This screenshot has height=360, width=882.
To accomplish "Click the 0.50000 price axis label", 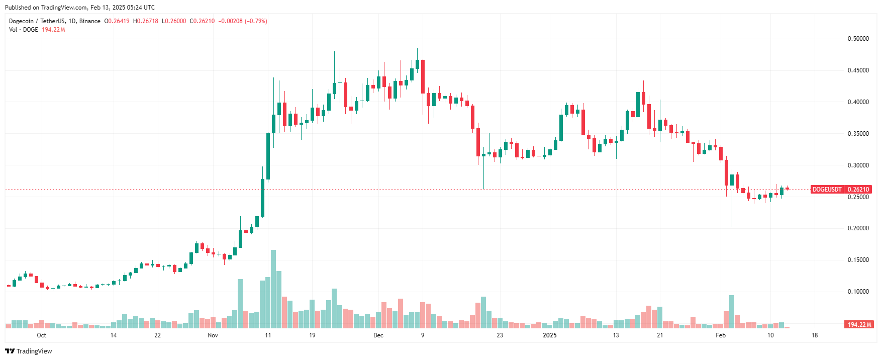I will (858, 39).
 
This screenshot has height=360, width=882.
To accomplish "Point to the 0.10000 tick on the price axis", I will (858, 292).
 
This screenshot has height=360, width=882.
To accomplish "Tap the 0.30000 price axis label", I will (858, 165).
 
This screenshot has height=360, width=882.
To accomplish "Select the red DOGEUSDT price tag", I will (827, 190).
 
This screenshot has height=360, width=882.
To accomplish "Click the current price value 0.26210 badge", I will (858, 190).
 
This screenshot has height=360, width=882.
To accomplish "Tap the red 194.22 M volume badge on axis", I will (859, 325).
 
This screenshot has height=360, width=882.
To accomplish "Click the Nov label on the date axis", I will (213, 335).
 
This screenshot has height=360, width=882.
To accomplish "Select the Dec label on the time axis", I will (378, 335).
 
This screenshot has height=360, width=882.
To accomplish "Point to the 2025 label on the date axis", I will (550, 335).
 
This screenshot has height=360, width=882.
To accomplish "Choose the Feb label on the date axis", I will (721, 335).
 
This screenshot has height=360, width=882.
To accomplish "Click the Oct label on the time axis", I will (42, 335).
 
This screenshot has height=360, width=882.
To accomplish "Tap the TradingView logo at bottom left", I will (29, 351).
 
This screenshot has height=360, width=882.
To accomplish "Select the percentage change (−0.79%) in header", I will (256, 21).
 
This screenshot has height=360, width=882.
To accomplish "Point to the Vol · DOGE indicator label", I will (24, 30).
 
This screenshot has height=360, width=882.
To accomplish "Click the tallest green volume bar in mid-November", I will (273, 289).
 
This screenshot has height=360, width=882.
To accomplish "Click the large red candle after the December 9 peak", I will (423, 83).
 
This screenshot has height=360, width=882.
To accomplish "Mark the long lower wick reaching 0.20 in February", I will (732, 211).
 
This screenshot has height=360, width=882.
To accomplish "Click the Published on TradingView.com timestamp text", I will (80, 8).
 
